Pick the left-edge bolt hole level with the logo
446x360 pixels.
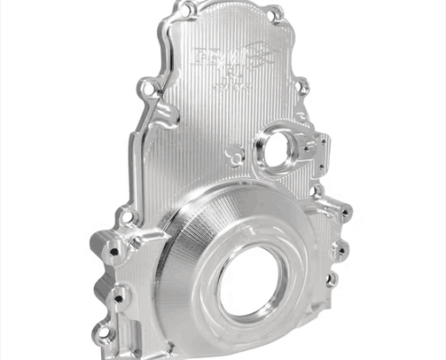coord(145,89)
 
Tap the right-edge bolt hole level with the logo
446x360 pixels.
coord(302,87)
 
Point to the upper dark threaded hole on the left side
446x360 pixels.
coord(112,253)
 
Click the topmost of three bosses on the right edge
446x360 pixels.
coord(343,213)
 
